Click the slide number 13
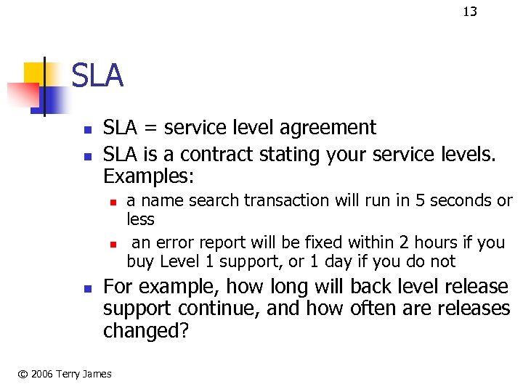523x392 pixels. (x=470, y=11)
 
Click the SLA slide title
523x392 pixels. (x=97, y=76)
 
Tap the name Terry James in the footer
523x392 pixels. (x=86, y=374)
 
